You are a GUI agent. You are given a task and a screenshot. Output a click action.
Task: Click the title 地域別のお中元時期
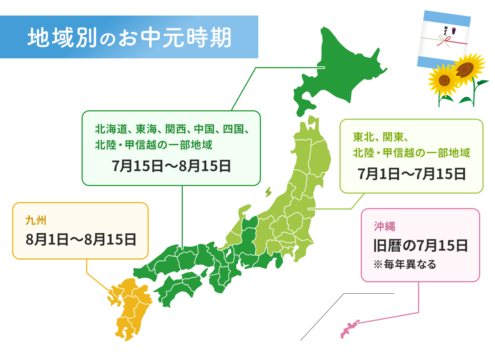coord(129,38)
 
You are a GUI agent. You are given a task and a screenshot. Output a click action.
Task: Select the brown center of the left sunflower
coord(444,80)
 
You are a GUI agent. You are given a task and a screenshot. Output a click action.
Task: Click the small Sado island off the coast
coord(268,191)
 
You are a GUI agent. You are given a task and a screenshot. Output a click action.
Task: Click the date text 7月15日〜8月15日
coord(171,166)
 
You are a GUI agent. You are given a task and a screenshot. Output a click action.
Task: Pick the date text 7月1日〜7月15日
coord(412,174)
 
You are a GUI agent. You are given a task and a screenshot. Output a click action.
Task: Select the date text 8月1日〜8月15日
coord(81,239)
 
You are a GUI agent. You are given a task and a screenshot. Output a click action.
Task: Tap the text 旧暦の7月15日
coord(420,246)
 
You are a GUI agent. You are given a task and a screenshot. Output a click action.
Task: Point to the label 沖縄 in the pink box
coord(384,226)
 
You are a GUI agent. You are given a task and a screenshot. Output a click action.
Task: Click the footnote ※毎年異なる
coord(405,264)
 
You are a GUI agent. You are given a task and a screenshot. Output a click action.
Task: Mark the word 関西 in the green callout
coord(175,129)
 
